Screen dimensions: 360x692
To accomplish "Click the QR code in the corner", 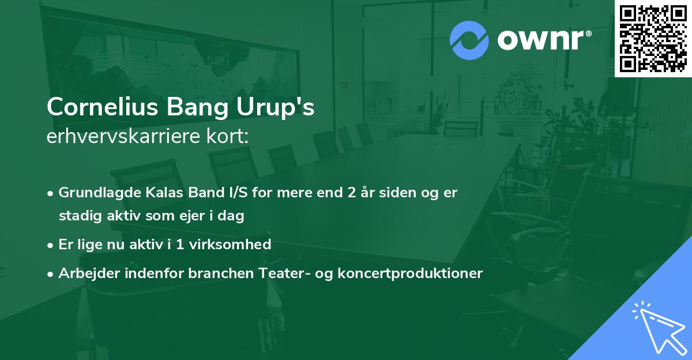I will pyautogui.click(x=653, y=38).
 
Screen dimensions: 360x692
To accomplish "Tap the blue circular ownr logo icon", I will pyautogui.click(x=469, y=40).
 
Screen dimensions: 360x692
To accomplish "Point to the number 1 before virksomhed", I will pyautogui.click(x=180, y=245).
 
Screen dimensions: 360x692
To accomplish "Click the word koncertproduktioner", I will pyautogui.click(x=411, y=273).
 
